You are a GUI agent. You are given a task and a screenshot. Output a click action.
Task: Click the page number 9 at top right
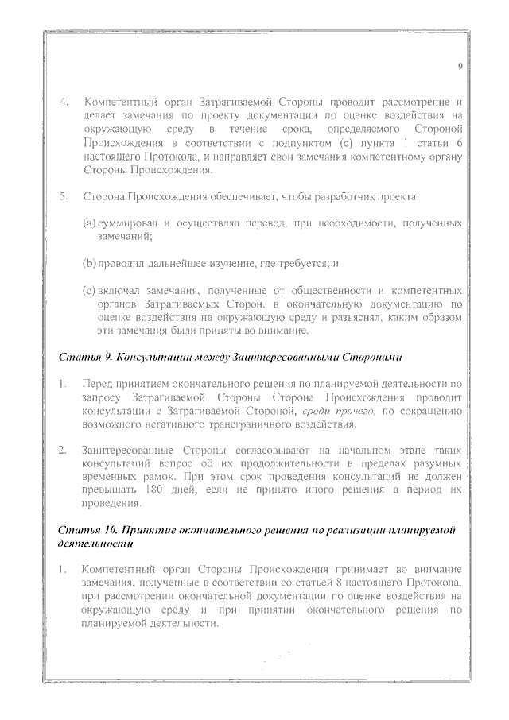[460, 66]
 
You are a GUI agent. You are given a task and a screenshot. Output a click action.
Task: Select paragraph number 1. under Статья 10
[64, 570]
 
